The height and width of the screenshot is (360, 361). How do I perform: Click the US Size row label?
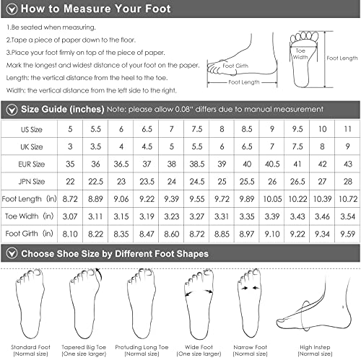point(32,129)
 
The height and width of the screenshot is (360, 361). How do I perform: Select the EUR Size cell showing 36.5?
point(121,164)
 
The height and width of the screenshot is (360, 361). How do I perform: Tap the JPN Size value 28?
point(347,181)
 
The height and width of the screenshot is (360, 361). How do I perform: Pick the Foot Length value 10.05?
point(272,199)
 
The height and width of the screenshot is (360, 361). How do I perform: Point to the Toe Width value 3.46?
point(322,216)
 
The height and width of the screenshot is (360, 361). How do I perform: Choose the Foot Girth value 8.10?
point(70,234)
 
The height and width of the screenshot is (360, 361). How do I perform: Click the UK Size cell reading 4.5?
point(147,146)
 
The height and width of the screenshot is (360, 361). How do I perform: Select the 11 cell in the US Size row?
point(347,129)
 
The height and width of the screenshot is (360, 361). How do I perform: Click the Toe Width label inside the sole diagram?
point(300,54)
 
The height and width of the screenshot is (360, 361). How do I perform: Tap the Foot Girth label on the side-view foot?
point(235,66)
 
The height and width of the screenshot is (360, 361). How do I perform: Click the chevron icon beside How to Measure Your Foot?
point(12,9)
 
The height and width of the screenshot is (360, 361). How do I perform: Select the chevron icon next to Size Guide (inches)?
point(12,110)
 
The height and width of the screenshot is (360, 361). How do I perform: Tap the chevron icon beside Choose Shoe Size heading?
point(12,253)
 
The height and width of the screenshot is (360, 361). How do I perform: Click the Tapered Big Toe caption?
point(84,351)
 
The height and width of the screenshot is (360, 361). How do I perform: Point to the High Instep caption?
point(315,351)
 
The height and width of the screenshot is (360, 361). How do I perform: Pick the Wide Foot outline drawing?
point(199,304)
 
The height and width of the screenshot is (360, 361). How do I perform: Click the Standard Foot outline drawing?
point(30,304)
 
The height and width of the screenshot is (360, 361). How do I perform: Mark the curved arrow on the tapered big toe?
point(100,273)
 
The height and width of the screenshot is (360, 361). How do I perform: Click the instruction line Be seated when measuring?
point(51,27)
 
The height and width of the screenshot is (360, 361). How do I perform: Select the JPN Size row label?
point(32,181)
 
